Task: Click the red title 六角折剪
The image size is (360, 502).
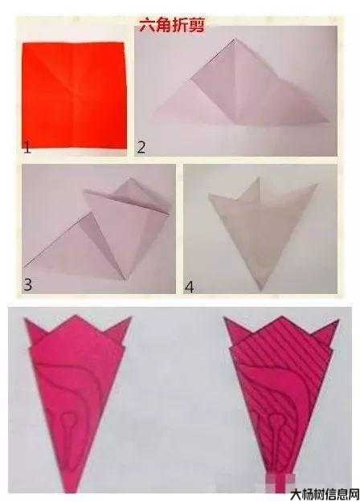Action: coord(172,25)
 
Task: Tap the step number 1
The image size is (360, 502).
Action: coord(27,148)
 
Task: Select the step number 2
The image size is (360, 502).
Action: coord(141,147)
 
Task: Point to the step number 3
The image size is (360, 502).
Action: coord(27,284)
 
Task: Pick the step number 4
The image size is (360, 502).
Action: coord(189,287)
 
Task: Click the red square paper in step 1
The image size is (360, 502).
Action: coord(74,96)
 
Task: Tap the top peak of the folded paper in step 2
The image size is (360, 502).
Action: coord(235,39)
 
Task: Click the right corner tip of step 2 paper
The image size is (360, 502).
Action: coord(329,121)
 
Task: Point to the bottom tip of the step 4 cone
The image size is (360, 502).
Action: coord(261,290)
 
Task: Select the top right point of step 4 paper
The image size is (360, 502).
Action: coord(317,184)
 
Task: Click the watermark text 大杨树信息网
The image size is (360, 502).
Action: coord(325,494)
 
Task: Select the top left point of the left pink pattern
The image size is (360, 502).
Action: coord(26,320)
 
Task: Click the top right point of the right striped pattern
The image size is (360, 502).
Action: coord(337,320)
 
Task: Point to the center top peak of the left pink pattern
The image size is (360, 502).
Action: coord(76,316)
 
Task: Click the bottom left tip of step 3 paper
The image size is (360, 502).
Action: coord(24,267)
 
